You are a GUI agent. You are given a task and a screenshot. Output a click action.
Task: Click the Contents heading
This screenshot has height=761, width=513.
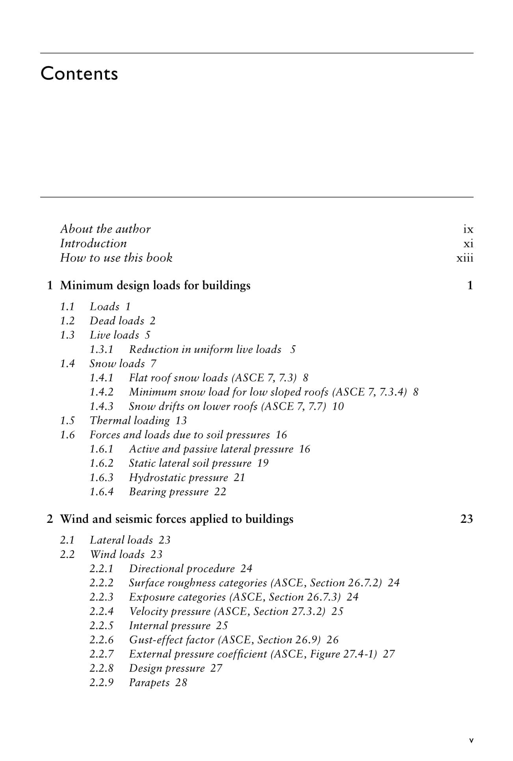click(x=79, y=74)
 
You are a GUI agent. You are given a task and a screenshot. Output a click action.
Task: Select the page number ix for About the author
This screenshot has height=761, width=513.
click(x=468, y=229)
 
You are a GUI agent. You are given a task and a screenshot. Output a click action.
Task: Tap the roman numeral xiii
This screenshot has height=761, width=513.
click(x=465, y=258)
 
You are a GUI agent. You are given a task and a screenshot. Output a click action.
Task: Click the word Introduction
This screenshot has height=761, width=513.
click(x=93, y=244)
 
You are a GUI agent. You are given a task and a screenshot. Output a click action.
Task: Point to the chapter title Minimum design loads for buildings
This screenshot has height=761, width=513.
click(x=155, y=285)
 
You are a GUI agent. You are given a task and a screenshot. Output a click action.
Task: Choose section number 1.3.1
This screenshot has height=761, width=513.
click(x=101, y=350)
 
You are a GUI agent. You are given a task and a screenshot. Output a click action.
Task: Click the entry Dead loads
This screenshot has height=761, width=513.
click(x=117, y=321)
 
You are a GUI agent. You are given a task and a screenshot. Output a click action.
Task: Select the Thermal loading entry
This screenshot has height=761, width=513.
click(x=130, y=421)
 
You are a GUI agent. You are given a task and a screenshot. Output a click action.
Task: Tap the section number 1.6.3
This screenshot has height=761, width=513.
click(x=101, y=478)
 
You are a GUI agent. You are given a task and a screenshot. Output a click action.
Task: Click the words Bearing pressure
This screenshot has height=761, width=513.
click(x=169, y=492)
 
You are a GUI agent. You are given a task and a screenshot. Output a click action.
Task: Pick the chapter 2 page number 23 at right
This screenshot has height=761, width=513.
click(x=467, y=519)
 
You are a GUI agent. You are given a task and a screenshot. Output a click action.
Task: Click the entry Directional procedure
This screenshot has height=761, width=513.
click(x=182, y=569)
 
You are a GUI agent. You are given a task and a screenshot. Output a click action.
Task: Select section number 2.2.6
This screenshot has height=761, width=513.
click(x=101, y=640)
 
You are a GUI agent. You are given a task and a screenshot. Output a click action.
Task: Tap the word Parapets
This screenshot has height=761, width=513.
click(x=149, y=683)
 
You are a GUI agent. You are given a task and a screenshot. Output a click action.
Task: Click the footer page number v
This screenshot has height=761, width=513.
click(x=471, y=740)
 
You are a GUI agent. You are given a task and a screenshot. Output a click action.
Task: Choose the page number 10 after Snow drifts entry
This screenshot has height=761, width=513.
click(x=338, y=407)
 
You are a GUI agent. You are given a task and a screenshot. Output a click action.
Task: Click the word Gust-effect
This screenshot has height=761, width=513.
click(x=152, y=640)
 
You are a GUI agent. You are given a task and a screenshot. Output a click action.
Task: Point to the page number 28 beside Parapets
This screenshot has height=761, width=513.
click(x=181, y=683)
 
